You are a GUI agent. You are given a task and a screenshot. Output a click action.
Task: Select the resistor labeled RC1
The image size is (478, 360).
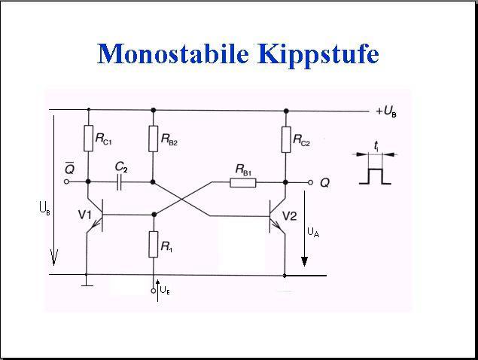pos(88,139)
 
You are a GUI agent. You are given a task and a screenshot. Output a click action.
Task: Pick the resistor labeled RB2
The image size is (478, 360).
pos(154,139)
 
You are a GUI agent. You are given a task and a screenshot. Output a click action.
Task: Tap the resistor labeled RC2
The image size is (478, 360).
pos(286,139)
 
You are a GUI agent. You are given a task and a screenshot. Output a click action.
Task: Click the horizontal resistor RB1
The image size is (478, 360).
pos(243,182)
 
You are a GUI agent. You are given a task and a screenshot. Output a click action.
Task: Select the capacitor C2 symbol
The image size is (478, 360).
pos(119,182)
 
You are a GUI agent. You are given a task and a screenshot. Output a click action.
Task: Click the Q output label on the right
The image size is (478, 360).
pos(324,182)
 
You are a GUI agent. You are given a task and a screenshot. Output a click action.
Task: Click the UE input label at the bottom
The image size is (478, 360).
pos(165,290)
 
